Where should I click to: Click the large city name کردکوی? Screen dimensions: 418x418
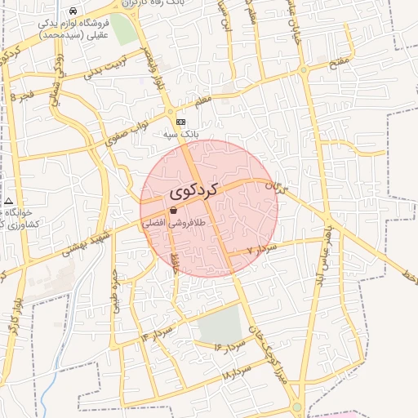coord(195,192)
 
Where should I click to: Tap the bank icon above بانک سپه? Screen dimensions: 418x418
coord(180,122)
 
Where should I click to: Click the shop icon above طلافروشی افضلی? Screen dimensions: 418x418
coord(172,210)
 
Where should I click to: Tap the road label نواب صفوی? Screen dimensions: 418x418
coord(129,133)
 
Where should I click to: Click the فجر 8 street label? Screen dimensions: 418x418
coord(24,96)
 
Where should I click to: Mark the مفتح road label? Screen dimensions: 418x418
coord(342,60)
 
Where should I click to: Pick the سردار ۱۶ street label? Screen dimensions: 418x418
coord(230,346)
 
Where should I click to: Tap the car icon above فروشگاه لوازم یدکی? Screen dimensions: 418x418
coord(73,11)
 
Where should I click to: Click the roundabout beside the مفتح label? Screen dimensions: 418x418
coord(304,71)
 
